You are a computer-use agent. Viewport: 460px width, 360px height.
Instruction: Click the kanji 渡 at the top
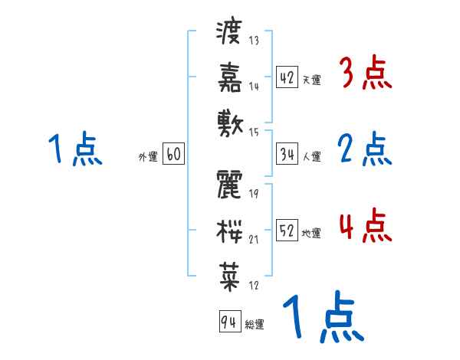(229, 34)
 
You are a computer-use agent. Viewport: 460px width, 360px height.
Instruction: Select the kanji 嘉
(229, 77)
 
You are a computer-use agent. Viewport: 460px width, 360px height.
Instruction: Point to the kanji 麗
(229, 184)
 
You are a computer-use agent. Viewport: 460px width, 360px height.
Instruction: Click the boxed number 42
(287, 77)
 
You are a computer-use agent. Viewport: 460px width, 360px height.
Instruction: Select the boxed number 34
(287, 154)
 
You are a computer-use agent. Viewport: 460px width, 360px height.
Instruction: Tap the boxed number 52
(287, 230)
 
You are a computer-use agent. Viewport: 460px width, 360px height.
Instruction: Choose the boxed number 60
(172, 154)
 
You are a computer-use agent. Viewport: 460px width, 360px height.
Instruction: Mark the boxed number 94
(228, 322)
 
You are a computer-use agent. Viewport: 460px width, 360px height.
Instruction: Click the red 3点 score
(365, 74)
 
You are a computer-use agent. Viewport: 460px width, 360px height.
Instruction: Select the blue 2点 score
(365, 149)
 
